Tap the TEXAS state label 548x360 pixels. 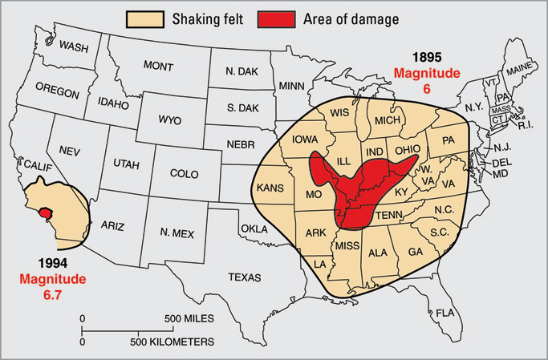245,277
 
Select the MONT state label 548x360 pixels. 158,66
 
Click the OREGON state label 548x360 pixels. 57,93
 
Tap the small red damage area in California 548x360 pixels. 45,214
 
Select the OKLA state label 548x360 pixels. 254,229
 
